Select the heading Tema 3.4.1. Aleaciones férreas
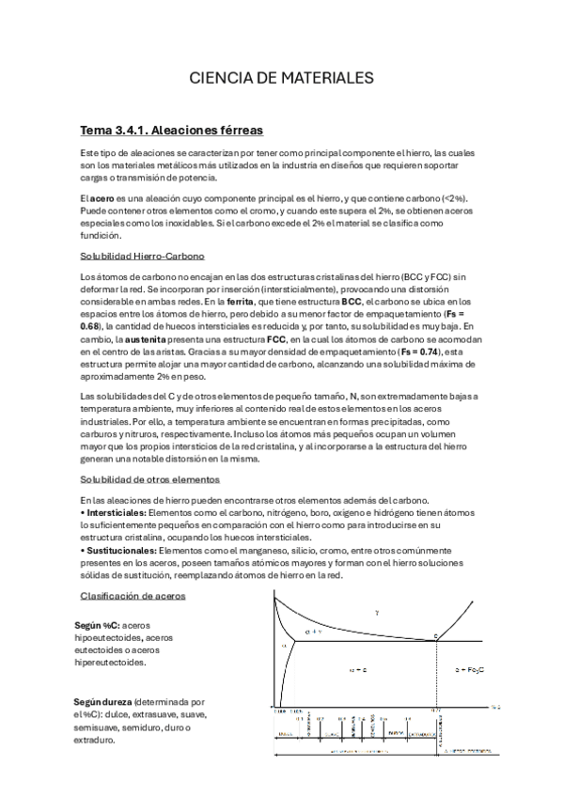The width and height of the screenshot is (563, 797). (171, 130)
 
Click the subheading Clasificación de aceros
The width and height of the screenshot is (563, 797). (133, 596)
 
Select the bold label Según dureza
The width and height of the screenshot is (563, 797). (103, 701)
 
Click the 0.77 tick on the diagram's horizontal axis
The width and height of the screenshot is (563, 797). (436, 711)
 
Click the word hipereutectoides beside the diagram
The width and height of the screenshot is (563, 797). (112, 662)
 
